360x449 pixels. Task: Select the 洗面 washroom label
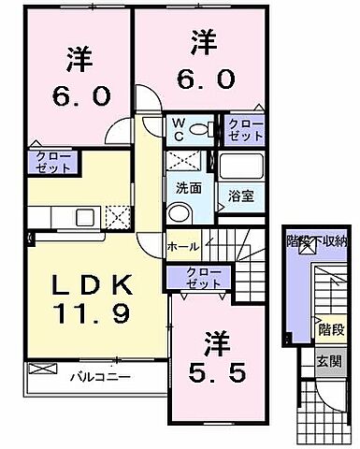point(187,186)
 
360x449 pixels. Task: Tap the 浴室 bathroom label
point(241,196)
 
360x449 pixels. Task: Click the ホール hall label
point(181,246)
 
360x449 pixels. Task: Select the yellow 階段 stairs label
point(330,329)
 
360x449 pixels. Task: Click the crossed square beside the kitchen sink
point(120,218)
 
